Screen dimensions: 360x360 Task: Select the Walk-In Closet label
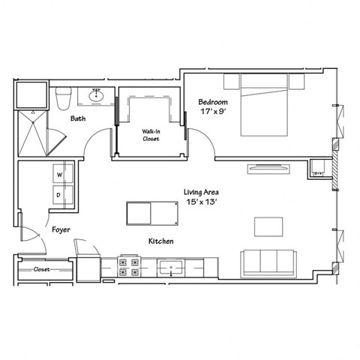coord(151,134)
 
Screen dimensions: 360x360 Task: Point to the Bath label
coord(77,118)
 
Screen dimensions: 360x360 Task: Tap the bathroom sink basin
coord(96,95)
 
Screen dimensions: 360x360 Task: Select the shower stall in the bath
coord(31,130)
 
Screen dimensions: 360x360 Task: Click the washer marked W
coord(58,175)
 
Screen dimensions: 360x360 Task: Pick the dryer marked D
coord(58,194)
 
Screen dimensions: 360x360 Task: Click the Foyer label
coord(61,229)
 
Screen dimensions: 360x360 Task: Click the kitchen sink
coord(171,267)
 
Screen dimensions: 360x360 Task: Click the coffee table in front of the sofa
coord(268,226)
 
